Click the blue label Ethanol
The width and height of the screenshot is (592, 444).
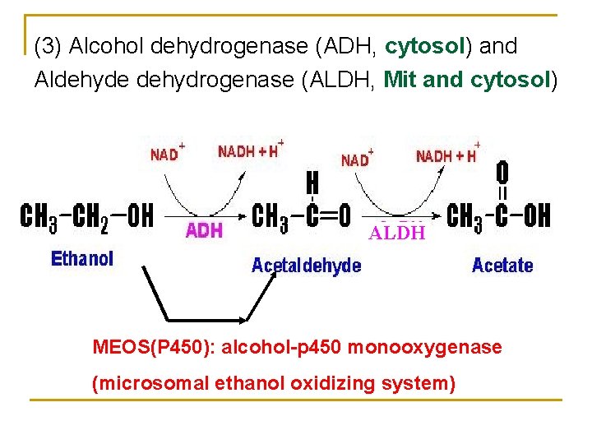tap(82, 259)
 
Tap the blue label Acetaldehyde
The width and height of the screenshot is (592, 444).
tap(306, 266)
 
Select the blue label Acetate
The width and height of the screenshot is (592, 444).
tap(502, 265)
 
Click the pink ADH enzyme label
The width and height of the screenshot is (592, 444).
tap(204, 230)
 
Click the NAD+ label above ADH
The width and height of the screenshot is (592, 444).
tap(167, 153)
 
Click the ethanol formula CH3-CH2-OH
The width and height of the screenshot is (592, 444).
tap(86, 216)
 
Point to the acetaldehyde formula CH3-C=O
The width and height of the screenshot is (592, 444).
tap(303, 216)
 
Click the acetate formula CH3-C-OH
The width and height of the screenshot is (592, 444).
tap(498, 216)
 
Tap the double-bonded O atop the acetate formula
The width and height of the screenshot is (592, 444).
tap(502, 173)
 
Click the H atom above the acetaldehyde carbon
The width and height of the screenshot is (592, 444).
tap(312, 181)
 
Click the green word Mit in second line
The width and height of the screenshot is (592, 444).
tap(400, 80)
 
